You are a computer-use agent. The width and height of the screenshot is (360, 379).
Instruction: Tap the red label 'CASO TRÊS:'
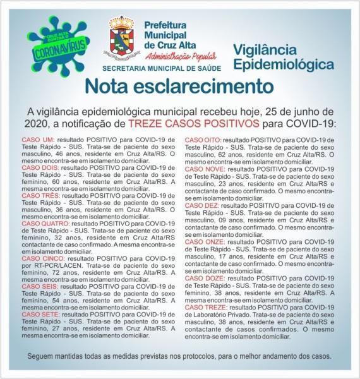(40, 196)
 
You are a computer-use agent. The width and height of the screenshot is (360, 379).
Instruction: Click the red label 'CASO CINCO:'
(41, 259)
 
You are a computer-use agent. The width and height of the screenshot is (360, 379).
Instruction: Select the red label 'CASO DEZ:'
(201, 205)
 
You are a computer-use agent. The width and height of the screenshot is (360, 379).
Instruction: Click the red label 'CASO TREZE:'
(205, 307)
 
